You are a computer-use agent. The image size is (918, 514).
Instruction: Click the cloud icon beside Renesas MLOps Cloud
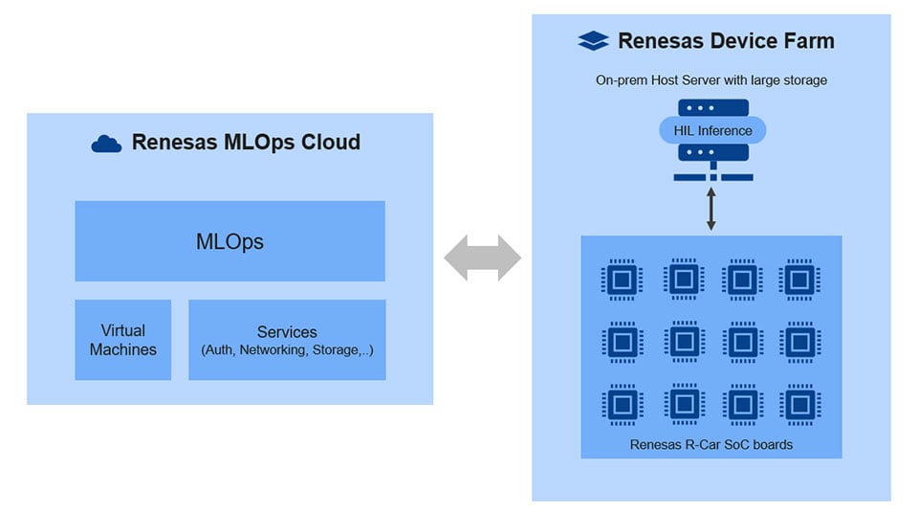pyautogui.click(x=106, y=144)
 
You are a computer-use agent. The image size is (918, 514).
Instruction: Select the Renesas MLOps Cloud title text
pyautogui.click(x=246, y=143)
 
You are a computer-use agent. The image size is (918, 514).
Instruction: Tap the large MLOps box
pyautogui.click(x=229, y=241)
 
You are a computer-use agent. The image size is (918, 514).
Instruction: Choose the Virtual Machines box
pyautogui.click(x=123, y=340)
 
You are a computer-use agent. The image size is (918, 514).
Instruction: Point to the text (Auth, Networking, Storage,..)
pyautogui.click(x=287, y=350)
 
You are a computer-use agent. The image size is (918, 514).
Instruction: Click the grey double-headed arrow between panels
pyautogui.click(x=483, y=257)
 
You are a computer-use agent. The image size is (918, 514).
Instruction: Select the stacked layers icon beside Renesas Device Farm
pyautogui.click(x=593, y=41)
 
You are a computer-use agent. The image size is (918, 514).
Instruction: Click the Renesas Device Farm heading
pyautogui.click(x=726, y=41)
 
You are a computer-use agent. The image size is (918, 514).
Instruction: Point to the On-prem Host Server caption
pyautogui.click(x=711, y=80)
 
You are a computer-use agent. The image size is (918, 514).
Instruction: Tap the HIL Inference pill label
pyautogui.click(x=711, y=130)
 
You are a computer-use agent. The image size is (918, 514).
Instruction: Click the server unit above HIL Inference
pyautogui.click(x=711, y=107)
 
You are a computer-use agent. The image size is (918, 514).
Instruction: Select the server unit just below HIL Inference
pyautogui.click(x=711, y=153)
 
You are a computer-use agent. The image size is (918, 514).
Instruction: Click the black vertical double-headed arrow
pyautogui.click(x=711, y=209)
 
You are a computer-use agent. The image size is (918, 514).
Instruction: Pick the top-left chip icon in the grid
pyautogui.click(x=622, y=279)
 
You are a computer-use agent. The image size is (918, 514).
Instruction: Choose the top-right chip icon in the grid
pyautogui.click(x=799, y=279)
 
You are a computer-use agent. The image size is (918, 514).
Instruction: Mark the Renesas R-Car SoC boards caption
pyautogui.click(x=711, y=444)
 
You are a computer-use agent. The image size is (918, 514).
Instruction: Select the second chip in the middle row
pyautogui.click(x=682, y=342)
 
